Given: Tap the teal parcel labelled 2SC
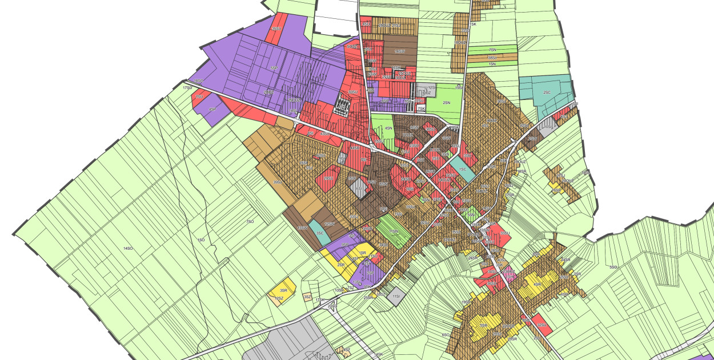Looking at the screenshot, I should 547,93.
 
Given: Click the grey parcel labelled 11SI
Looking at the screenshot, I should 396,296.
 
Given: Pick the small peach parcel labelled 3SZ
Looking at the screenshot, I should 307,297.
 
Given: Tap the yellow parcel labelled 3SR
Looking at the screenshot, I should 283,290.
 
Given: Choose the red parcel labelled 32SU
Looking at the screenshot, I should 540,325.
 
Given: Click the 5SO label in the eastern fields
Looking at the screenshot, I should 614,267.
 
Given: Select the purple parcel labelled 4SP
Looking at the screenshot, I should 212,110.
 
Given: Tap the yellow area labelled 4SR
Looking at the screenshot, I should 537,284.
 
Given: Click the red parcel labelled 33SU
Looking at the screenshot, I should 504,233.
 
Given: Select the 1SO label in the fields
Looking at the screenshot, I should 200,240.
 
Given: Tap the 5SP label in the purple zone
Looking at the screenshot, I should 274,67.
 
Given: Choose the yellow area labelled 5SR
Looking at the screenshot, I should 483,325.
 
